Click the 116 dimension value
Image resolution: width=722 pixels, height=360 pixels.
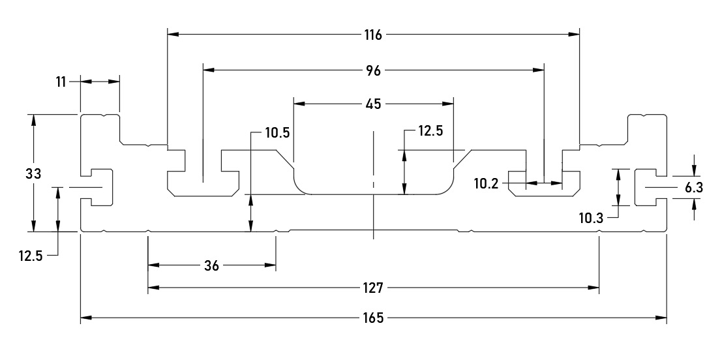(x=373, y=35)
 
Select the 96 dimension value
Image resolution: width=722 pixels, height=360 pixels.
(x=373, y=69)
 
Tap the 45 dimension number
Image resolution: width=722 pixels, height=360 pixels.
(x=374, y=103)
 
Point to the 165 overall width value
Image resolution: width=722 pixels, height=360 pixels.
(x=374, y=318)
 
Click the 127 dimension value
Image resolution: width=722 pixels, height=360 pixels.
(x=374, y=287)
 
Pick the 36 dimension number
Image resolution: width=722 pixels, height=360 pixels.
(x=212, y=265)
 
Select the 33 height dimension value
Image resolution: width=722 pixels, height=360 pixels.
(x=34, y=173)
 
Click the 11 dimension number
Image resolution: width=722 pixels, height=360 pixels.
(x=61, y=82)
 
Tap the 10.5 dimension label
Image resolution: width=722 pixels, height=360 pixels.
(x=277, y=132)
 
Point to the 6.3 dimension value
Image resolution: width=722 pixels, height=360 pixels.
(x=694, y=188)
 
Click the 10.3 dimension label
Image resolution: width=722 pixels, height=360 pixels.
(x=592, y=217)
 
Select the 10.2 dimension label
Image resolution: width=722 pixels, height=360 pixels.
(x=487, y=184)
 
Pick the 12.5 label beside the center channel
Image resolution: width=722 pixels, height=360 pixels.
(x=430, y=132)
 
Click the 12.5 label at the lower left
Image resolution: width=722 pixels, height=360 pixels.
(x=31, y=256)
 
